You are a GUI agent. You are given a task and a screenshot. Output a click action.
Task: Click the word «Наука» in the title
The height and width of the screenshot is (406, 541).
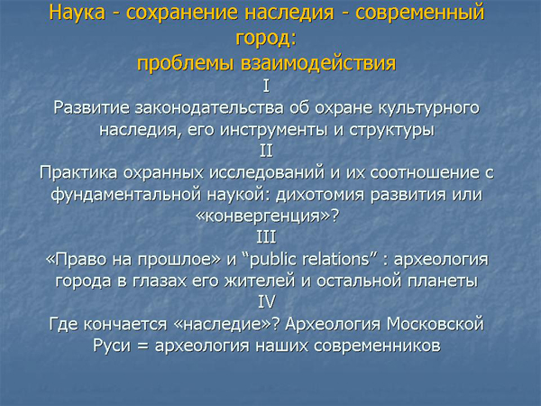[x=77, y=13]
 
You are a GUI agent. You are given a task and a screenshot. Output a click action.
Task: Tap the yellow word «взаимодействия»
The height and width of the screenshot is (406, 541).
[x=318, y=63]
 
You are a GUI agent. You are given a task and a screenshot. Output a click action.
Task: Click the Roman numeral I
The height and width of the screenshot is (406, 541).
[x=266, y=86]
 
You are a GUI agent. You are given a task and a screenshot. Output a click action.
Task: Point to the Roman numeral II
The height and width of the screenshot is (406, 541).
[x=266, y=151]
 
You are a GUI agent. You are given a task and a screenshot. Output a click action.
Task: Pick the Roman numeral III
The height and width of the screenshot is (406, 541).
[x=266, y=237]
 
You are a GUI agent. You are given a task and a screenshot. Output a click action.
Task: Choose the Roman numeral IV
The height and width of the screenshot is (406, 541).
[x=267, y=301]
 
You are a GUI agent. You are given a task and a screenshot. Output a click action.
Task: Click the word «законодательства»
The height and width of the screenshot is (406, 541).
[x=209, y=108]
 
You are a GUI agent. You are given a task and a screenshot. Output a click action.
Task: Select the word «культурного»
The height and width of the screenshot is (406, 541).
[x=429, y=109]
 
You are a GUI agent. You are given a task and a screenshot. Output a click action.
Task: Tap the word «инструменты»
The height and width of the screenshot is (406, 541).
[x=273, y=131]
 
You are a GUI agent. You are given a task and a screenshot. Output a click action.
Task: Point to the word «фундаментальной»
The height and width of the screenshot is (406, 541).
[x=126, y=195]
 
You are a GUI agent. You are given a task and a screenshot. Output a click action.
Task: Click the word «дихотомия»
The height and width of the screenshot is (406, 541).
[x=320, y=195]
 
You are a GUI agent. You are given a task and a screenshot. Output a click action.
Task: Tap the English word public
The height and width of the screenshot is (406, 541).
[x=272, y=260]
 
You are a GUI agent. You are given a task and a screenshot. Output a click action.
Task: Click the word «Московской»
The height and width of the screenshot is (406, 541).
[x=436, y=324]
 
